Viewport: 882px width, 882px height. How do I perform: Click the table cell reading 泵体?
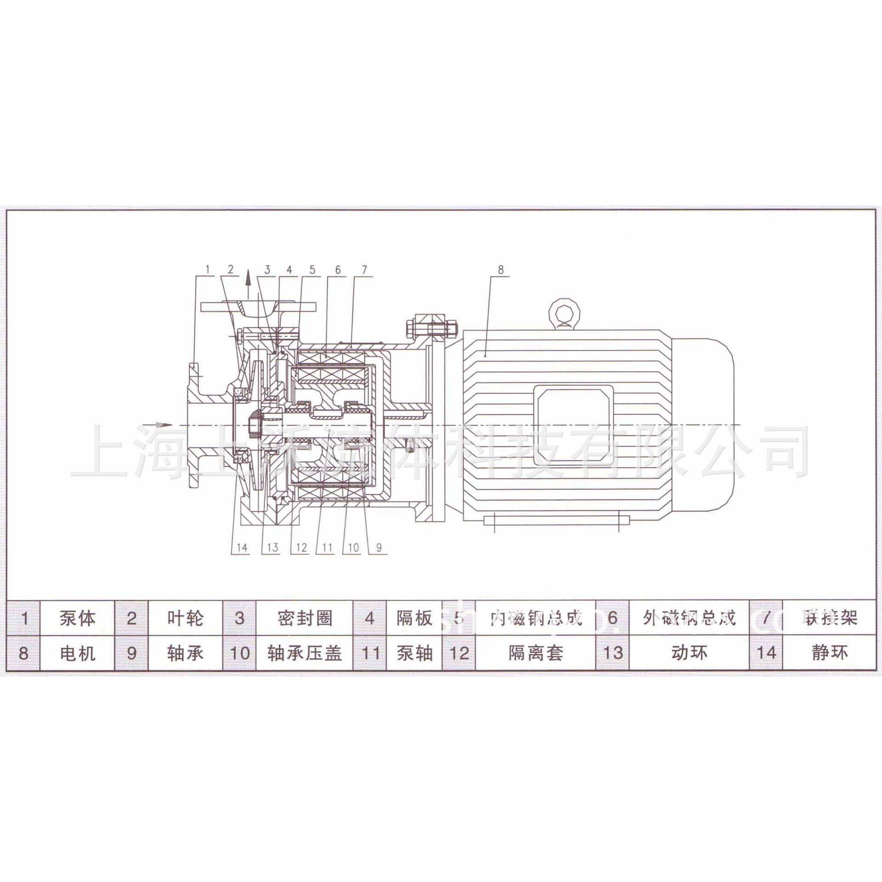[x=77, y=618]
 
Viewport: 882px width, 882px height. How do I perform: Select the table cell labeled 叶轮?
[x=185, y=618]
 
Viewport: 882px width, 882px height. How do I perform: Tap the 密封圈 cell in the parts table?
[x=305, y=618]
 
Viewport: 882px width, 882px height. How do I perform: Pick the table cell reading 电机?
[x=77, y=653]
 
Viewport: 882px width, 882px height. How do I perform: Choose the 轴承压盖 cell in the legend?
[x=305, y=653]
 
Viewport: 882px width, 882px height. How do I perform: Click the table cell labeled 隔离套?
[x=536, y=653]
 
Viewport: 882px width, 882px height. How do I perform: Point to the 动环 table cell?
[x=689, y=653]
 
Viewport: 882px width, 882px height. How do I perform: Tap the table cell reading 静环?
[x=829, y=653]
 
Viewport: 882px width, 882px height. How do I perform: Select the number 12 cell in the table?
[x=459, y=653]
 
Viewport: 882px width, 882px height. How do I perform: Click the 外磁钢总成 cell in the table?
[x=689, y=618]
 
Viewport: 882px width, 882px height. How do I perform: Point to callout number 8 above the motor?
[x=500, y=270]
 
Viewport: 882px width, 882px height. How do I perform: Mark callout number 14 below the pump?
[x=242, y=547]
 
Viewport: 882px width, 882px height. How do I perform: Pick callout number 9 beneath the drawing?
[x=379, y=547]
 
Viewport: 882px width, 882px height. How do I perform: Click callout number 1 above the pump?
[x=207, y=269]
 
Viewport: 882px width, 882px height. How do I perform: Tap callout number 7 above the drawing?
[x=364, y=269]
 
